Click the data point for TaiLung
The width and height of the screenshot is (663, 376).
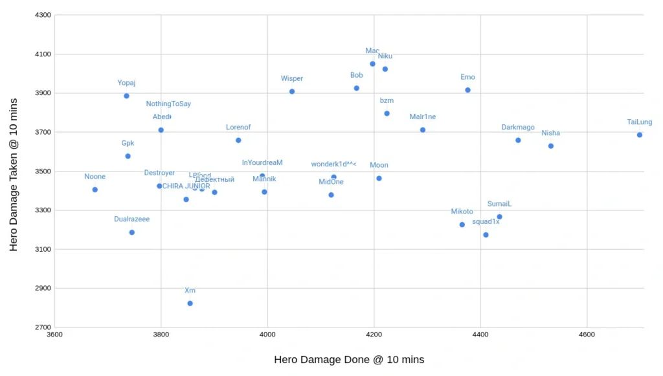point(640,135)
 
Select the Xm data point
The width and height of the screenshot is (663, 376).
point(190,303)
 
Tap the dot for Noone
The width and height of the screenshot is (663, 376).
point(95,190)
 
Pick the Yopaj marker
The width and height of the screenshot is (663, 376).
point(126,96)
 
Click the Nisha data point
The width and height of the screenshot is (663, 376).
point(551,146)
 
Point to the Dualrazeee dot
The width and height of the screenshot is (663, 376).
point(132,232)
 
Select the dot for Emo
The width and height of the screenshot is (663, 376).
point(467,90)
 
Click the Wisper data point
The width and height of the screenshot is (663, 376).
point(292,91)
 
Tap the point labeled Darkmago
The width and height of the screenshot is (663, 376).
point(518,140)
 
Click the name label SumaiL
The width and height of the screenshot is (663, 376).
point(500,204)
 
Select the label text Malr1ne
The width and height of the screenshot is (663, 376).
point(423,117)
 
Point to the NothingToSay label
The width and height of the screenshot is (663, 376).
point(168,104)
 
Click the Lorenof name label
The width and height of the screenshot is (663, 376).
point(238,127)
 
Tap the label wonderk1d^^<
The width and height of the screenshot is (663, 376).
point(333,164)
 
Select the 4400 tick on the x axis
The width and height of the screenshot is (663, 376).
point(480,335)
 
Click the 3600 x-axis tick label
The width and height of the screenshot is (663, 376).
point(55,335)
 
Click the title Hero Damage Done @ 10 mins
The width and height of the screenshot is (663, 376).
point(349,359)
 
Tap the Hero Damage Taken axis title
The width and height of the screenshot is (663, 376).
point(14,171)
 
